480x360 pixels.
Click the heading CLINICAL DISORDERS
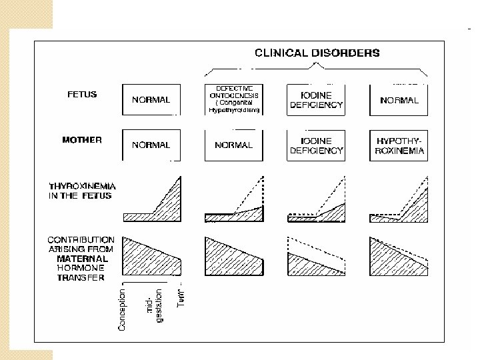tap(317, 53)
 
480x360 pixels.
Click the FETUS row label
tap(81, 95)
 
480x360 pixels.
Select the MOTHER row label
tap(81, 140)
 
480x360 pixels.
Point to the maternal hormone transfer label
tap(81, 259)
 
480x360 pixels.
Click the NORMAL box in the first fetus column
tap(151, 100)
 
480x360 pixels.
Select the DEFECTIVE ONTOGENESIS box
tap(233, 99)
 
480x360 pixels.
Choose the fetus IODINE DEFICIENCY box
tap(316, 100)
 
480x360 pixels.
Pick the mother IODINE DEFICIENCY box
tap(316, 145)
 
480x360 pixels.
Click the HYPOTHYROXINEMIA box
tap(399, 145)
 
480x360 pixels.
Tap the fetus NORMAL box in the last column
tap(399, 100)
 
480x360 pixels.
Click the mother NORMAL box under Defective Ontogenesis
tap(233, 145)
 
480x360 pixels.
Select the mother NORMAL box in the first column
tap(151, 145)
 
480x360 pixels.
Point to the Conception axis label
tap(122, 309)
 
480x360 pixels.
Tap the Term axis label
tap(181, 297)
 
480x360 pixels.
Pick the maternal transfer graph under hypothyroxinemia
tap(399, 257)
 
